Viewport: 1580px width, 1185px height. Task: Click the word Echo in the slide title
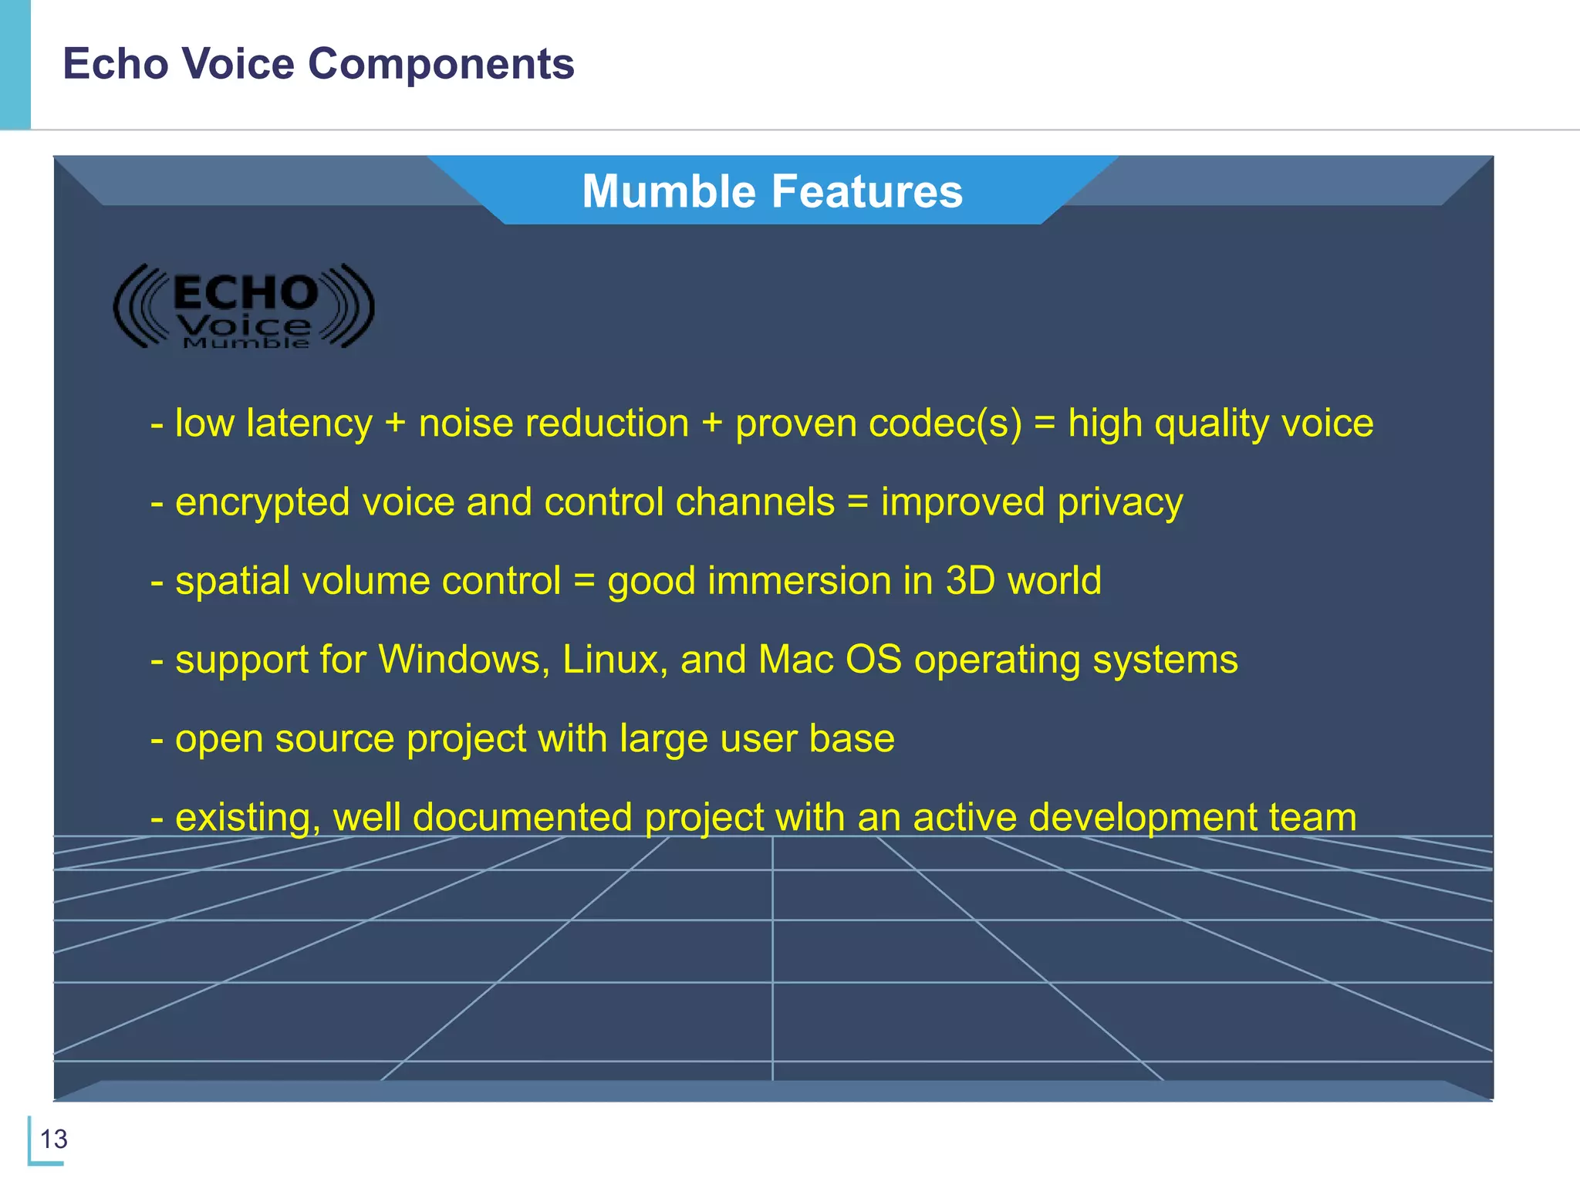(116, 63)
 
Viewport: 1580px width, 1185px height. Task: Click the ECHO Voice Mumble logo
(244, 307)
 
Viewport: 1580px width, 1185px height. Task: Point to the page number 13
(53, 1139)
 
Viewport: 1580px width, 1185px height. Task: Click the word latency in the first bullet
(309, 424)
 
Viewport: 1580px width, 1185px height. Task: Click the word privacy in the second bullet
(1120, 503)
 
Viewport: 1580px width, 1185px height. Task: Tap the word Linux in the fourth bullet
(614, 660)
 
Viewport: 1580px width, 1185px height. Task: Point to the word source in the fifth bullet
(335, 739)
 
